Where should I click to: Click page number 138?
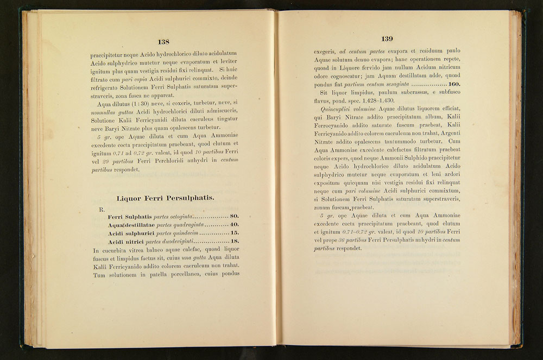(x=163, y=42)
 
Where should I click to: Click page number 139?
(x=387, y=39)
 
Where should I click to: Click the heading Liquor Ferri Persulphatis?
(x=165, y=198)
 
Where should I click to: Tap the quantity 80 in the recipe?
(x=235, y=217)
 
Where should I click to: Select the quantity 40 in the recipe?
(x=235, y=225)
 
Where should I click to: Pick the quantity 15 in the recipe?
(x=235, y=233)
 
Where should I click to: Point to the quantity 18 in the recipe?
(x=235, y=242)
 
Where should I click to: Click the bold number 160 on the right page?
(x=454, y=85)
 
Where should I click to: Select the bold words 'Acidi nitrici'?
(x=127, y=242)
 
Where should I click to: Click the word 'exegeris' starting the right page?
(x=325, y=50)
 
